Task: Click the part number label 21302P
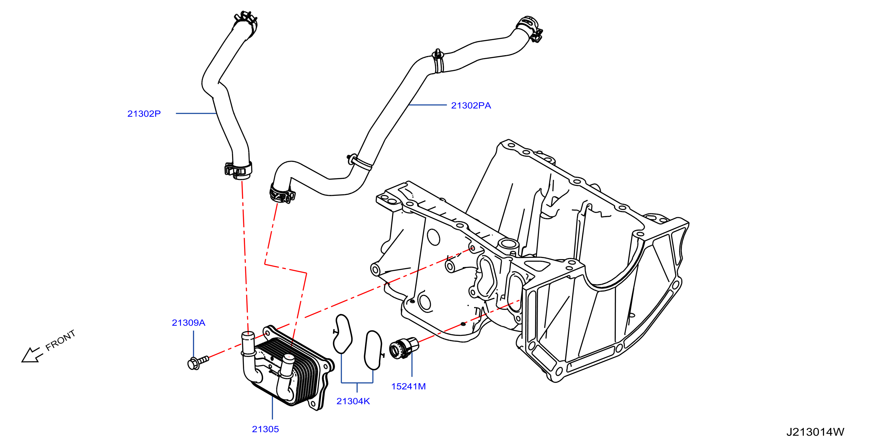click(x=144, y=114)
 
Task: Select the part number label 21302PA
click(x=471, y=105)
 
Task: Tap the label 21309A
click(x=188, y=323)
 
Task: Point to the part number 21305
click(x=265, y=429)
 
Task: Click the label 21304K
click(x=353, y=401)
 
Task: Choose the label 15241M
click(x=408, y=386)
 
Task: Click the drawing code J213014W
click(x=815, y=432)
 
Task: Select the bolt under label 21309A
click(x=198, y=362)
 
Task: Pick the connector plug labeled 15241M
click(x=404, y=348)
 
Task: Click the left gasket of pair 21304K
click(x=342, y=334)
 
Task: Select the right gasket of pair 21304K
click(x=373, y=350)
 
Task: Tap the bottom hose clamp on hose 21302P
click(x=238, y=169)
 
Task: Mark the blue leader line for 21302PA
click(x=427, y=105)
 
